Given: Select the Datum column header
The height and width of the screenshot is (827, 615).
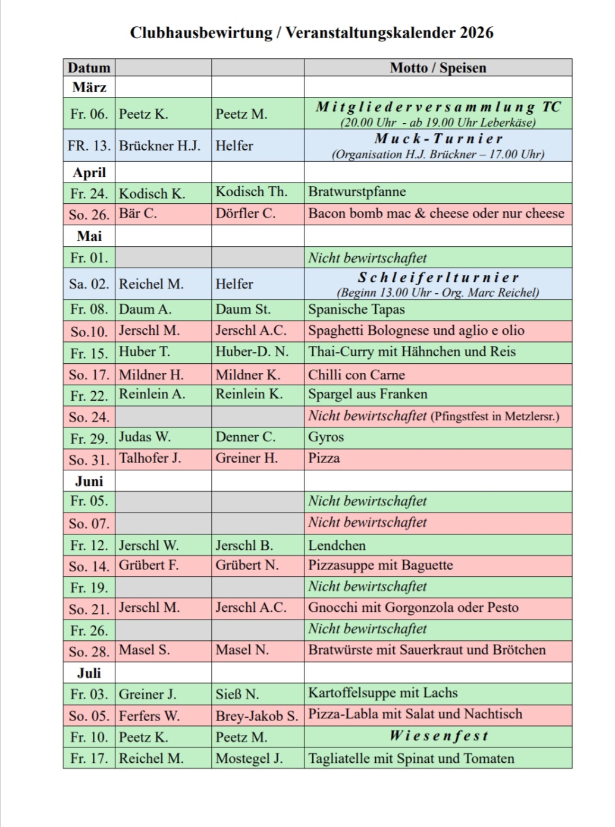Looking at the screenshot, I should coord(89,68).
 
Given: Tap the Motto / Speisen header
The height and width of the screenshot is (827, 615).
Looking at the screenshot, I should coord(438,68).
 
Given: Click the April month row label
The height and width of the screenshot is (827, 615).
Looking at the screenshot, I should coord(89,172).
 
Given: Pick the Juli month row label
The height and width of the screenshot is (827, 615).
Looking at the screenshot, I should coord(89,673).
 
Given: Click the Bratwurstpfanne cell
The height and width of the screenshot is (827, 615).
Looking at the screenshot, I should coord(357,192).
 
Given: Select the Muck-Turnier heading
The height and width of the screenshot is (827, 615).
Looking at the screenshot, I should coord(438,139).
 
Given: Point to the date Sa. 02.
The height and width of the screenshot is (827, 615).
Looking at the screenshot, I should coord(89,284).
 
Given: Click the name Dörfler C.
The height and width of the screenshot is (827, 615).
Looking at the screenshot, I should coord(245,213).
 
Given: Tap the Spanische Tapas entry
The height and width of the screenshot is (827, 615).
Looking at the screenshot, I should coord(356,309).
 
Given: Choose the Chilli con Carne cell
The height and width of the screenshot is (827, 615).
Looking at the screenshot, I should coord(356,375).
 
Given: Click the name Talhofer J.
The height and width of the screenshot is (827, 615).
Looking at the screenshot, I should coord(150,458).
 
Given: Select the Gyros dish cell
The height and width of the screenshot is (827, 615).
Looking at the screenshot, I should coord(326,437).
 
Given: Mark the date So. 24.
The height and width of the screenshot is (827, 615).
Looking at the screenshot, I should coord(89,417).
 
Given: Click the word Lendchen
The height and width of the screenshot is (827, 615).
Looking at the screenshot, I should coord(337,545).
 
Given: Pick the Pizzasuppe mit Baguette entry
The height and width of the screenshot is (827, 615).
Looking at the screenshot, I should coord(380,565).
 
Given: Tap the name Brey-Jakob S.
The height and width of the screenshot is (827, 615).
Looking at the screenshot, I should coord(256,716).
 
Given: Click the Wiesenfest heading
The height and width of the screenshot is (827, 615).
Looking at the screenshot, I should coord(438,736).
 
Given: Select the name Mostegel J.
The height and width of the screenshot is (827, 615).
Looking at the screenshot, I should coord(249,759).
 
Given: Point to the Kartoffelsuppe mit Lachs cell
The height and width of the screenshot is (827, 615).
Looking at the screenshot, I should coord(382,693).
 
